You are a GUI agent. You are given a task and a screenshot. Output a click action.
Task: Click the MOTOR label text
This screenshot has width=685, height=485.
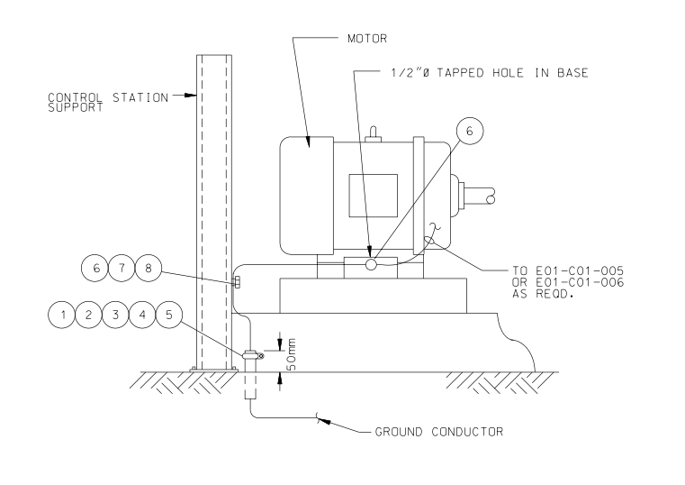[367, 39]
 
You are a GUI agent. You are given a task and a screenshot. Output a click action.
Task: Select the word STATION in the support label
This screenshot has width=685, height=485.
[140, 97]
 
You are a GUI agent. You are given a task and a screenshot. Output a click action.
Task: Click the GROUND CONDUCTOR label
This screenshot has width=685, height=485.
[439, 432]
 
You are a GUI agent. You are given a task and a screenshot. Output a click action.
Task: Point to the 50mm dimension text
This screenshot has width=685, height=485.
[292, 353]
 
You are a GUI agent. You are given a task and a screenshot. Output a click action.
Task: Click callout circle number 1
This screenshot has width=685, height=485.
[62, 315]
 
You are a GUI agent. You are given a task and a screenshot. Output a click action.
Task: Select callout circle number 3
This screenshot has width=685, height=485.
[115, 315]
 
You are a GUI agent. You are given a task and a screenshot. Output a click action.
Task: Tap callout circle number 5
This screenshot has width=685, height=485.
[169, 315]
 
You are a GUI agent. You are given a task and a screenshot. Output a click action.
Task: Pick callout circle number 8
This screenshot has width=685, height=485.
[149, 268]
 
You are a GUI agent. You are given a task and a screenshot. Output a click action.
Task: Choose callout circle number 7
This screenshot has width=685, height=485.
[122, 268]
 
